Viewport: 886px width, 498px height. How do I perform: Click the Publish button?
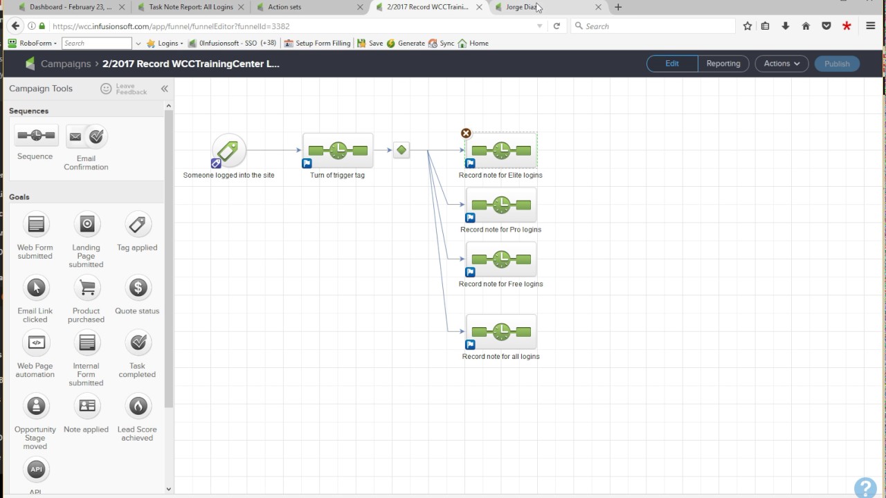(837, 64)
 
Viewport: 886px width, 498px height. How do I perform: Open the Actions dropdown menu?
(781, 64)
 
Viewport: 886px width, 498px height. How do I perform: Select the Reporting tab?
(723, 64)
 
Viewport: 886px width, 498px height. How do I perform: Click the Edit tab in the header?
(672, 64)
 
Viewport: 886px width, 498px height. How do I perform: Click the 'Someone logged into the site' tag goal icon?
(228, 151)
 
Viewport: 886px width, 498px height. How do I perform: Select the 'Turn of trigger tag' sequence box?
(338, 151)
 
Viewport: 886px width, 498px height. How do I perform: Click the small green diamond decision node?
(401, 150)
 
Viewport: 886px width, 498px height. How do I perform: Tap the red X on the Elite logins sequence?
(466, 133)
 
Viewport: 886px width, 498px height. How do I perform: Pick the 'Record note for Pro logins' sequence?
(501, 205)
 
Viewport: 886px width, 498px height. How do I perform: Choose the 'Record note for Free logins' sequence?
(501, 259)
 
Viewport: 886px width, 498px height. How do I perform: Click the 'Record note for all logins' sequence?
(501, 331)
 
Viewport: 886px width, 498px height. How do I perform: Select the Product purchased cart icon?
(87, 287)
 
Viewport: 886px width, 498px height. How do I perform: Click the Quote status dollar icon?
(138, 287)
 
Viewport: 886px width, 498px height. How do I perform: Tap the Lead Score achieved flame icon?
(138, 406)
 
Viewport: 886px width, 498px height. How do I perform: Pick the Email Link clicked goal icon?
(36, 287)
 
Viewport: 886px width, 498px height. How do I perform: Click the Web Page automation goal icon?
(36, 342)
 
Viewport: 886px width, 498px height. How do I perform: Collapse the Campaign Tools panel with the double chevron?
(165, 89)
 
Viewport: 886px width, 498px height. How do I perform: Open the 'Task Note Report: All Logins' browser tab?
(191, 7)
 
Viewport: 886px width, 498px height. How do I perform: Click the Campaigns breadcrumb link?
(66, 64)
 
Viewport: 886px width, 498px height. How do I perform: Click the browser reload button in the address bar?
(557, 26)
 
